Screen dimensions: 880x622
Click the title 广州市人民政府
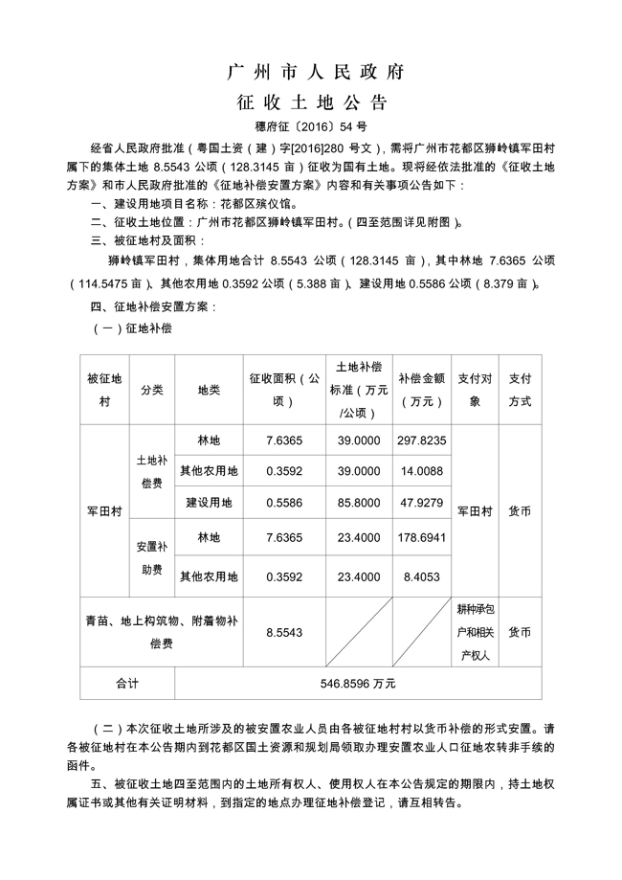tap(311, 72)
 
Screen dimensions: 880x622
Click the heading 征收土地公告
tap(311, 102)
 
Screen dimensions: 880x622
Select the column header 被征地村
tap(104, 390)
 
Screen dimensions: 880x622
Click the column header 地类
tap(209, 390)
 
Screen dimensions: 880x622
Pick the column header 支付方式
tap(521, 390)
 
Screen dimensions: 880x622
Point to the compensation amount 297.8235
tap(422, 440)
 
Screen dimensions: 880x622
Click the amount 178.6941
tap(422, 537)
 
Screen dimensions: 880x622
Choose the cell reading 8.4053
tap(422, 576)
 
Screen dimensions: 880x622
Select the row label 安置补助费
tap(151, 557)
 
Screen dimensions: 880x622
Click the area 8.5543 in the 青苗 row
tap(284, 633)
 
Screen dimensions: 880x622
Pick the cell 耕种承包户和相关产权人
tap(475, 633)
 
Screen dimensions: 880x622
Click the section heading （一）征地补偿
tap(132, 327)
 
